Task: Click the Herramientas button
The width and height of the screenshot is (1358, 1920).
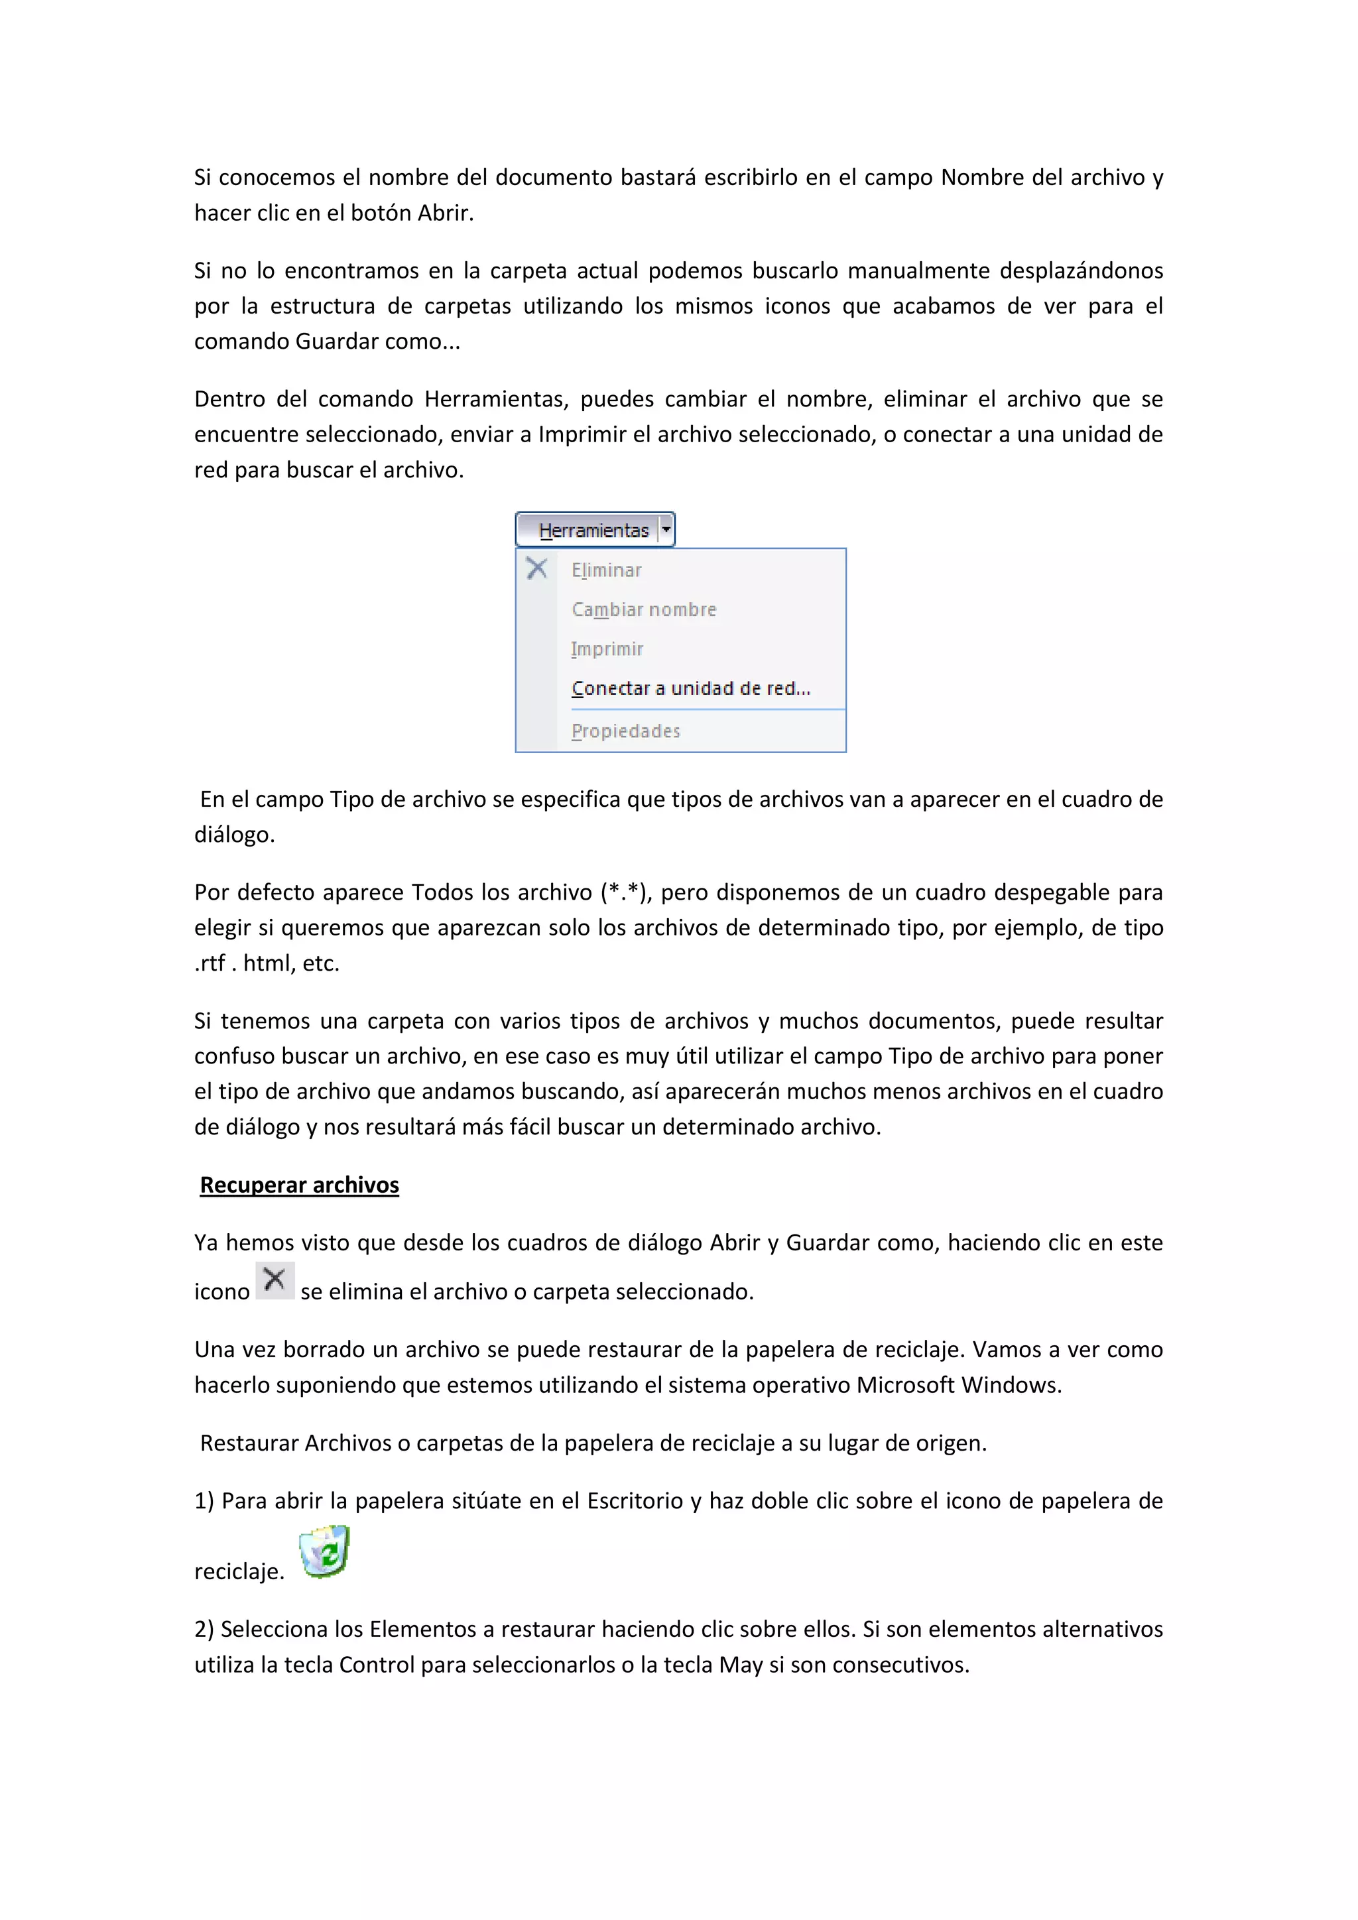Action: click(x=593, y=530)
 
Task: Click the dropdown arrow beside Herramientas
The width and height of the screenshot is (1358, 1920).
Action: click(x=666, y=529)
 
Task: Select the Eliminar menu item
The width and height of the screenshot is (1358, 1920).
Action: click(x=606, y=570)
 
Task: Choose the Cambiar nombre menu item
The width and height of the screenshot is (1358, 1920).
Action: click(x=643, y=610)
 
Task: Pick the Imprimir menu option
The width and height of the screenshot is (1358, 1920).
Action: click(x=607, y=649)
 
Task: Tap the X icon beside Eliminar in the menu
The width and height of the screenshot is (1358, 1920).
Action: click(x=537, y=570)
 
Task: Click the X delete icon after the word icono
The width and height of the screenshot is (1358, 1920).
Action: click(x=275, y=1280)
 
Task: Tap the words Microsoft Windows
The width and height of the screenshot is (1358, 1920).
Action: click(x=958, y=1385)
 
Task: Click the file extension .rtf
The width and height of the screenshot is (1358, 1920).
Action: click(x=210, y=963)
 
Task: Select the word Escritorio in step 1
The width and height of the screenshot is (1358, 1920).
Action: click(x=635, y=1501)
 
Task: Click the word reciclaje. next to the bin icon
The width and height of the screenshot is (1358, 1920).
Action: click(x=239, y=1572)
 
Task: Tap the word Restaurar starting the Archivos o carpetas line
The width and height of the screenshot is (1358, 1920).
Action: click(x=249, y=1443)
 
